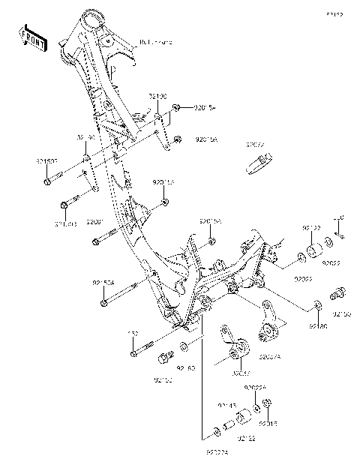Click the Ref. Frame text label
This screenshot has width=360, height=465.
pyautogui.click(x=156, y=43)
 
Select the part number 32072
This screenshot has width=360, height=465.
pyautogui.click(x=256, y=144)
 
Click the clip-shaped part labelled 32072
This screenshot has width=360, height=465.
pyautogui.click(x=259, y=163)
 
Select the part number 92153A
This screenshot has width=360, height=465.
pyautogui.click(x=103, y=283)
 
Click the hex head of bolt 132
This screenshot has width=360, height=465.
pyautogui.click(x=133, y=353)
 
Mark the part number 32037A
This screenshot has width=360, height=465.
pyautogui.click(x=269, y=357)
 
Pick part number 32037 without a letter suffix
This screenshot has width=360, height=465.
pyautogui.click(x=239, y=372)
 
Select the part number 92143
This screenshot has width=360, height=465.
pyautogui.click(x=227, y=406)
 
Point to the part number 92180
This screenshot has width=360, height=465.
pyautogui.click(x=318, y=328)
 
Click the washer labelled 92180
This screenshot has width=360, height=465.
pyautogui.click(x=318, y=306)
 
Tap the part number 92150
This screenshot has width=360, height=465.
pyautogui.click(x=342, y=313)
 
